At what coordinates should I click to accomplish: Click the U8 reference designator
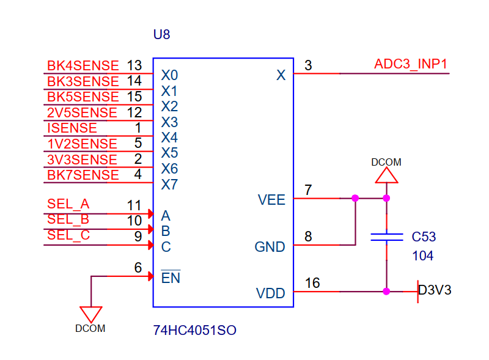(161, 35)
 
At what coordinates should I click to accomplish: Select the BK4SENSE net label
(83, 66)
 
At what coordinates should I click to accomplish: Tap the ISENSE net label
(72, 128)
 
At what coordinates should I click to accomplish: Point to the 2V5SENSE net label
(82, 112)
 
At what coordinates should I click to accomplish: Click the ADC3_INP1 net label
(411, 64)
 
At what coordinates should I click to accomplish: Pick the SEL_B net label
(68, 219)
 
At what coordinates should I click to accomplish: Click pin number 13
(134, 65)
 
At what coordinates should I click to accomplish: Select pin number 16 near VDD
(312, 283)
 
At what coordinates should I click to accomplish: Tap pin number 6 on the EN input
(138, 268)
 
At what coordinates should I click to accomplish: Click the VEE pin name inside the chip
(271, 200)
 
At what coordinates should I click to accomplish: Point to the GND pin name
(270, 247)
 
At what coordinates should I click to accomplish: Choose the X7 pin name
(169, 184)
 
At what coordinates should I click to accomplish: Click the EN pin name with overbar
(171, 278)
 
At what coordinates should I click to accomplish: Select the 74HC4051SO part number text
(194, 331)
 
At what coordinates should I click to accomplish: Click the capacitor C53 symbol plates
(386, 237)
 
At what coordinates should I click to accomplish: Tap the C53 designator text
(424, 237)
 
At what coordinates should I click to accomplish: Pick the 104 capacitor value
(423, 256)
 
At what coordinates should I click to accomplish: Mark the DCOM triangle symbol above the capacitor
(386, 175)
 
